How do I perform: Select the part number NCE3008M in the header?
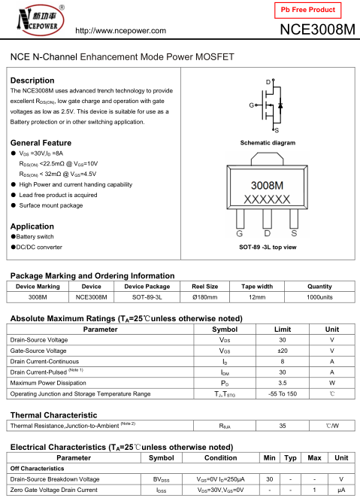click(317, 30)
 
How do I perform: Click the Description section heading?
click(32, 80)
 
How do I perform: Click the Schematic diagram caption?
click(268, 143)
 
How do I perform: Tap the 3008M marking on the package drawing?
click(267, 185)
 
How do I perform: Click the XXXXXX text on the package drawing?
click(267, 199)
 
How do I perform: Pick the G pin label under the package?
click(240, 234)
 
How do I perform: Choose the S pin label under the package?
click(294, 234)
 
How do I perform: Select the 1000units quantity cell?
click(319, 297)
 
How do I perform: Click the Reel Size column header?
click(205, 287)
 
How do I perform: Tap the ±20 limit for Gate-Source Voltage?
click(283, 351)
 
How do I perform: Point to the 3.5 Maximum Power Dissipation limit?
click(283, 383)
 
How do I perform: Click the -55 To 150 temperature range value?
click(283, 393)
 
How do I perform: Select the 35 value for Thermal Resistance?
click(283, 426)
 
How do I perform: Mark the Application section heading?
click(32, 226)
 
